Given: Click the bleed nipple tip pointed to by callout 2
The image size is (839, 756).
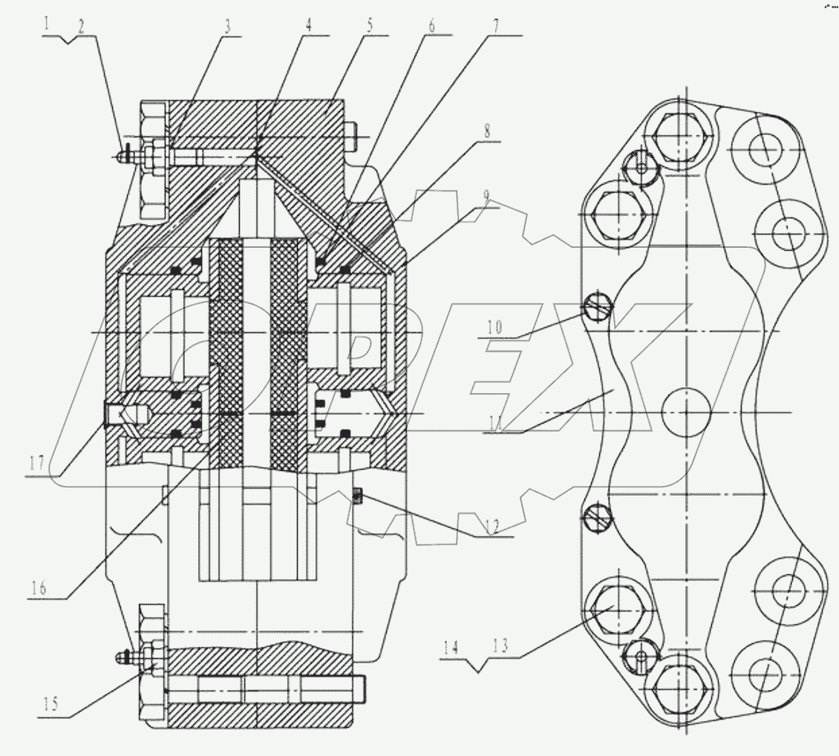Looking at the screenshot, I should click(x=121, y=156).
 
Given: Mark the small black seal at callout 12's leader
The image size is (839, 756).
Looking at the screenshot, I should click(x=357, y=495).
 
